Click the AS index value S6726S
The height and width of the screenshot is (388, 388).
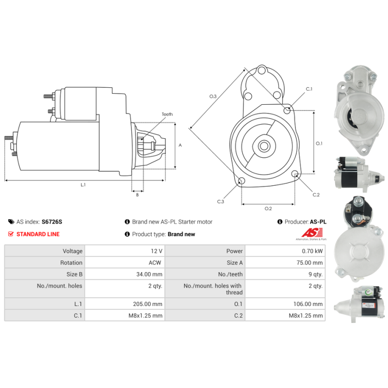click(x=52, y=222)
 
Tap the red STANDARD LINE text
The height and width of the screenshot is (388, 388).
click(x=38, y=234)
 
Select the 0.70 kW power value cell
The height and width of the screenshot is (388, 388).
click(x=285, y=251)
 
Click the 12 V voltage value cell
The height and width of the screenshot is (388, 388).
click(x=125, y=251)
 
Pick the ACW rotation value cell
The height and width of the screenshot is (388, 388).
click(x=125, y=262)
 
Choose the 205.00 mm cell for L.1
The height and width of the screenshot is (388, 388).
click(x=125, y=304)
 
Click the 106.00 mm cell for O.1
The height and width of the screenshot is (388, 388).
click(x=285, y=304)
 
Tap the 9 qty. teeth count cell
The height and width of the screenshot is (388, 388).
click(x=285, y=274)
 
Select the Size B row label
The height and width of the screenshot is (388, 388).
click(x=74, y=274)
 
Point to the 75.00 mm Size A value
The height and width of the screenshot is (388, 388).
click(x=309, y=262)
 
